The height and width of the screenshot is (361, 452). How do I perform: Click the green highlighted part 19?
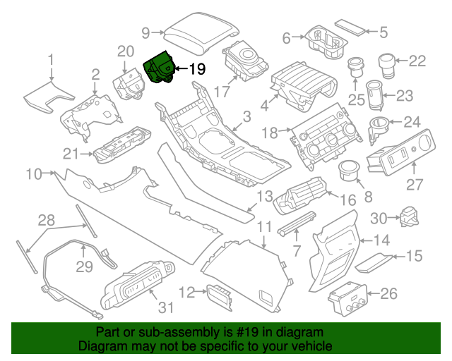click(160, 69)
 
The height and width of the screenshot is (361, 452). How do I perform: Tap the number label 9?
click(146, 32)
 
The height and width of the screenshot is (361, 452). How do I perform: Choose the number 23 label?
click(404, 95)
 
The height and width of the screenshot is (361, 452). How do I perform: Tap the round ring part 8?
click(349, 170)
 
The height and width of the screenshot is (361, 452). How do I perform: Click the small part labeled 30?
click(410, 216)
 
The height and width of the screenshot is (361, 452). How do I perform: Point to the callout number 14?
click(381, 239)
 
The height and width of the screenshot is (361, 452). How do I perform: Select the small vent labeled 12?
click(218, 296)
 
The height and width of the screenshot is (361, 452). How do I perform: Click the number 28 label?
click(46, 221)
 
